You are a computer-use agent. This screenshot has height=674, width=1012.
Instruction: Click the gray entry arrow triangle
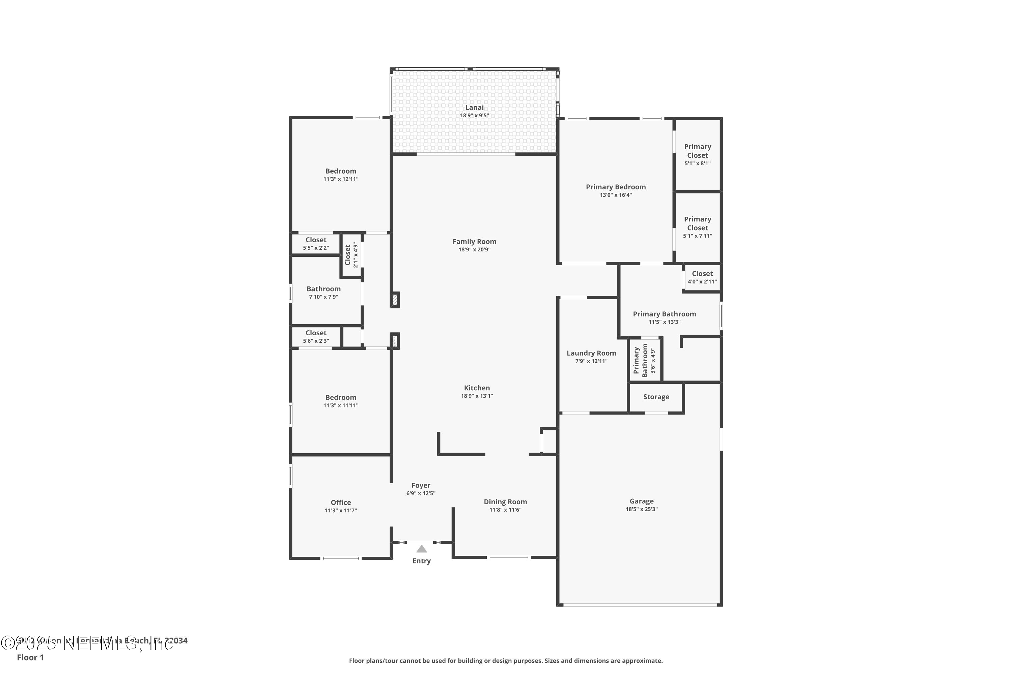pos(421,549)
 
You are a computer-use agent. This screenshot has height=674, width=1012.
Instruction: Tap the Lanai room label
pos(474,108)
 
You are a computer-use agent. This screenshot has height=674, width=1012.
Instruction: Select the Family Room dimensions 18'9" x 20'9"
pos(474,250)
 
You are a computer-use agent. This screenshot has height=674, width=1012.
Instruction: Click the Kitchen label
pos(477,388)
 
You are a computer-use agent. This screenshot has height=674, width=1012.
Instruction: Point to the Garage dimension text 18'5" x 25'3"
pos(642,509)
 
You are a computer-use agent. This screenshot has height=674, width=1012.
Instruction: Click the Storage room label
pos(656,397)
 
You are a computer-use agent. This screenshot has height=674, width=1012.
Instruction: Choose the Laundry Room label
pos(591,353)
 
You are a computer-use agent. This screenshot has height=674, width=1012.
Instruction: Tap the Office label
pos(341,502)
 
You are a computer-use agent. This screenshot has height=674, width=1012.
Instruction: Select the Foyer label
pos(421,485)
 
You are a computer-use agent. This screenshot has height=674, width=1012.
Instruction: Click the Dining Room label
pos(505,502)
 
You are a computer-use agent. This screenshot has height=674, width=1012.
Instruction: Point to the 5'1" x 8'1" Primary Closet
pos(698,154)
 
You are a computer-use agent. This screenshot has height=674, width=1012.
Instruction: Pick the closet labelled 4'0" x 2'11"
pos(702,277)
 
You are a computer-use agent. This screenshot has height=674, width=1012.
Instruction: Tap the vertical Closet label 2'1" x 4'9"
pos(351,255)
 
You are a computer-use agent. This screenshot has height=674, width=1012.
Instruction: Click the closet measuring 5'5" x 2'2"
pos(316,243)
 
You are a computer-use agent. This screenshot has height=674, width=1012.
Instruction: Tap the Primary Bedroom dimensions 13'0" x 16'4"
pos(616,195)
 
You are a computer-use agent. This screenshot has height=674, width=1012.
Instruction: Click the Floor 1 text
pos(30,657)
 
